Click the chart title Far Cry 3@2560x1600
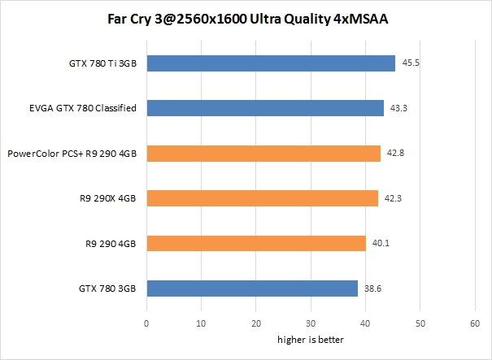(x=246, y=19)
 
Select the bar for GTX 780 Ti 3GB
(x=271, y=63)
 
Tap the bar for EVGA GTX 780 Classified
(x=265, y=108)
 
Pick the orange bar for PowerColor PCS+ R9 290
(x=263, y=153)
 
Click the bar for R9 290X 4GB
(x=262, y=197)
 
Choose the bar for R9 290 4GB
(x=256, y=243)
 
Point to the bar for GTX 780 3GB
(x=252, y=288)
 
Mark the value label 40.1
(x=379, y=243)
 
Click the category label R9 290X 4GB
(x=109, y=197)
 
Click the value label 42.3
(x=392, y=197)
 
